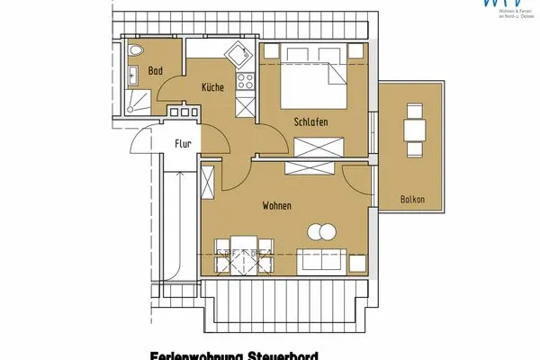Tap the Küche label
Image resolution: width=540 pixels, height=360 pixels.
pos(212,87)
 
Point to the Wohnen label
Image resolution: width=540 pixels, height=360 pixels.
pos(276,206)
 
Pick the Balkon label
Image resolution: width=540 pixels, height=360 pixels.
pos(413,199)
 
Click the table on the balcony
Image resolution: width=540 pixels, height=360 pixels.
pos(415,129)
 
